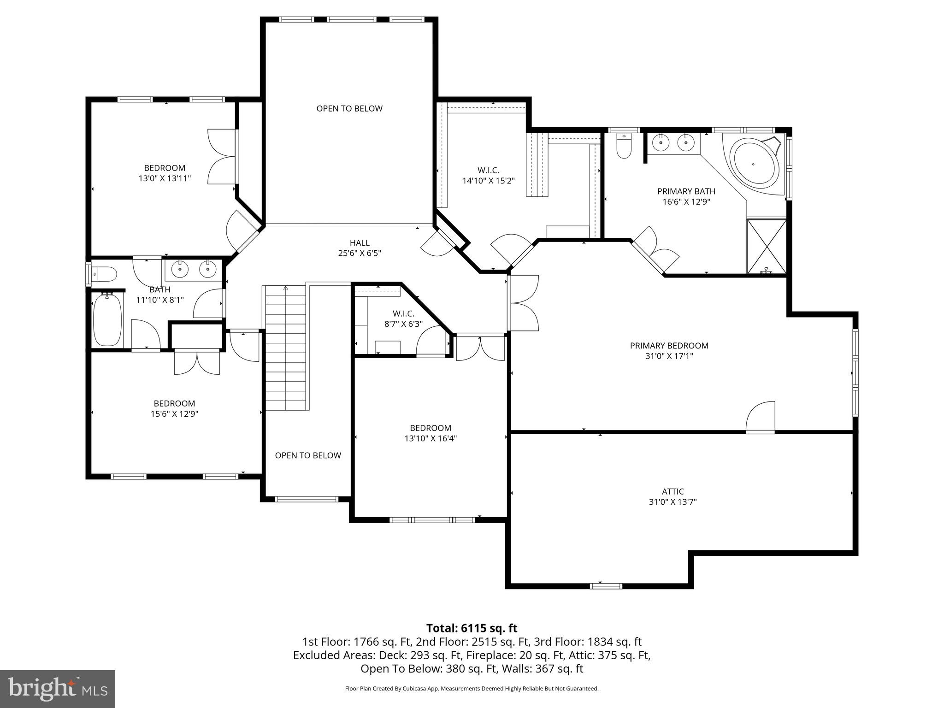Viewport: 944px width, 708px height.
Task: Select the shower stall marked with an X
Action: click(767, 247)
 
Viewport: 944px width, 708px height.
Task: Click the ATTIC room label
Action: click(673, 491)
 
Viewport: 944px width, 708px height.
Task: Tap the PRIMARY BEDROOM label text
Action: click(669, 345)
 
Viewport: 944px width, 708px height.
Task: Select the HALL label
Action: click(360, 242)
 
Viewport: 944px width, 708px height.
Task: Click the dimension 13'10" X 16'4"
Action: click(431, 438)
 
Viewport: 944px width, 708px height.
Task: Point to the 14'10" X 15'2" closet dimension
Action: click(488, 181)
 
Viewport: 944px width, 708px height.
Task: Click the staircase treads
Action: click(286, 348)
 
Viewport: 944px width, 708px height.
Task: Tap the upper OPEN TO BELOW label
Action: click(349, 108)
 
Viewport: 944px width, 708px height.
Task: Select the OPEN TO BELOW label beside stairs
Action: click(308, 455)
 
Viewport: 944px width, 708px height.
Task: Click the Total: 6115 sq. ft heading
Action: click(472, 628)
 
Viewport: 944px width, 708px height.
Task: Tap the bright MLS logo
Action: click(57, 689)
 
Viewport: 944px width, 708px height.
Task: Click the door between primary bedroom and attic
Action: click(761, 418)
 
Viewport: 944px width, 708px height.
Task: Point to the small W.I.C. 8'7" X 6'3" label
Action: click(403, 319)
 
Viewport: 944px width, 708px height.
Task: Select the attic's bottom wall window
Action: click(606, 586)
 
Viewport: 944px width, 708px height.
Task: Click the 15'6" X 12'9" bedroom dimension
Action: click(174, 414)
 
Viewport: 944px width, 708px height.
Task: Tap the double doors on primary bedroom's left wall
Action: click(524, 303)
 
